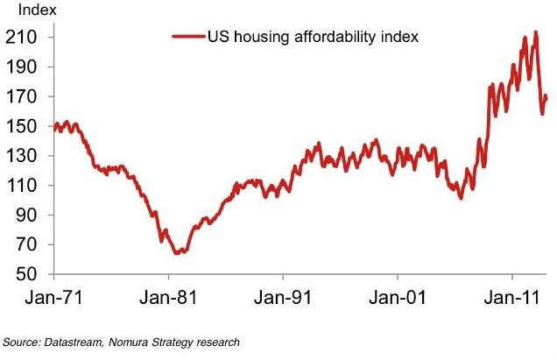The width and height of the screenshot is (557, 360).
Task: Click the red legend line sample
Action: pyautogui.click(x=188, y=38)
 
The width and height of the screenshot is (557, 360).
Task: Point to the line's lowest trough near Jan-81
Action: pyautogui.click(x=178, y=252)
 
